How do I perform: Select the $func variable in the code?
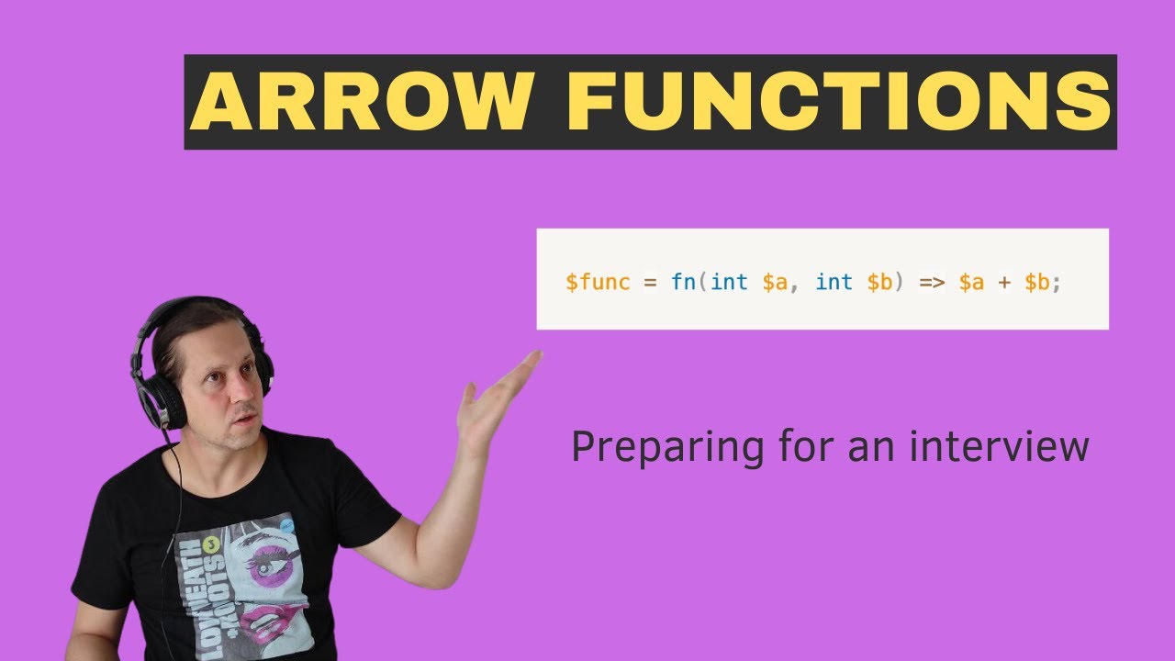click(598, 282)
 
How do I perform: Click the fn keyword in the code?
click(683, 282)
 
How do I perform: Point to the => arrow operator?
click(932, 282)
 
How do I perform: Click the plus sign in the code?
click(1004, 282)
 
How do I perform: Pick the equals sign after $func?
click(650, 282)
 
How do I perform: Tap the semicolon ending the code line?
click(1057, 283)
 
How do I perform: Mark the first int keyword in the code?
click(729, 282)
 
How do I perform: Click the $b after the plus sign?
click(1036, 282)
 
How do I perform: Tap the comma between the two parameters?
click(794, 286)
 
